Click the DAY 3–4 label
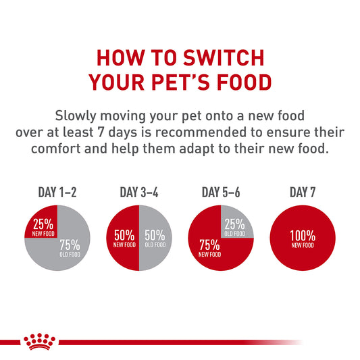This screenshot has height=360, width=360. coord(138,192)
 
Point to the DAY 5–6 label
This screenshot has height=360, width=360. coord(220,192)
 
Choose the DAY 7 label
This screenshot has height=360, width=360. coord(303,192)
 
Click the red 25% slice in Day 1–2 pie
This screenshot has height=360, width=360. coord(43,224)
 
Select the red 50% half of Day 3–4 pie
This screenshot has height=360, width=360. coord(124,238)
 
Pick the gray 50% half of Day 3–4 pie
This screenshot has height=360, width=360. coord(154,238)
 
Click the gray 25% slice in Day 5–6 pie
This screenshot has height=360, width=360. coord(234,225)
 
